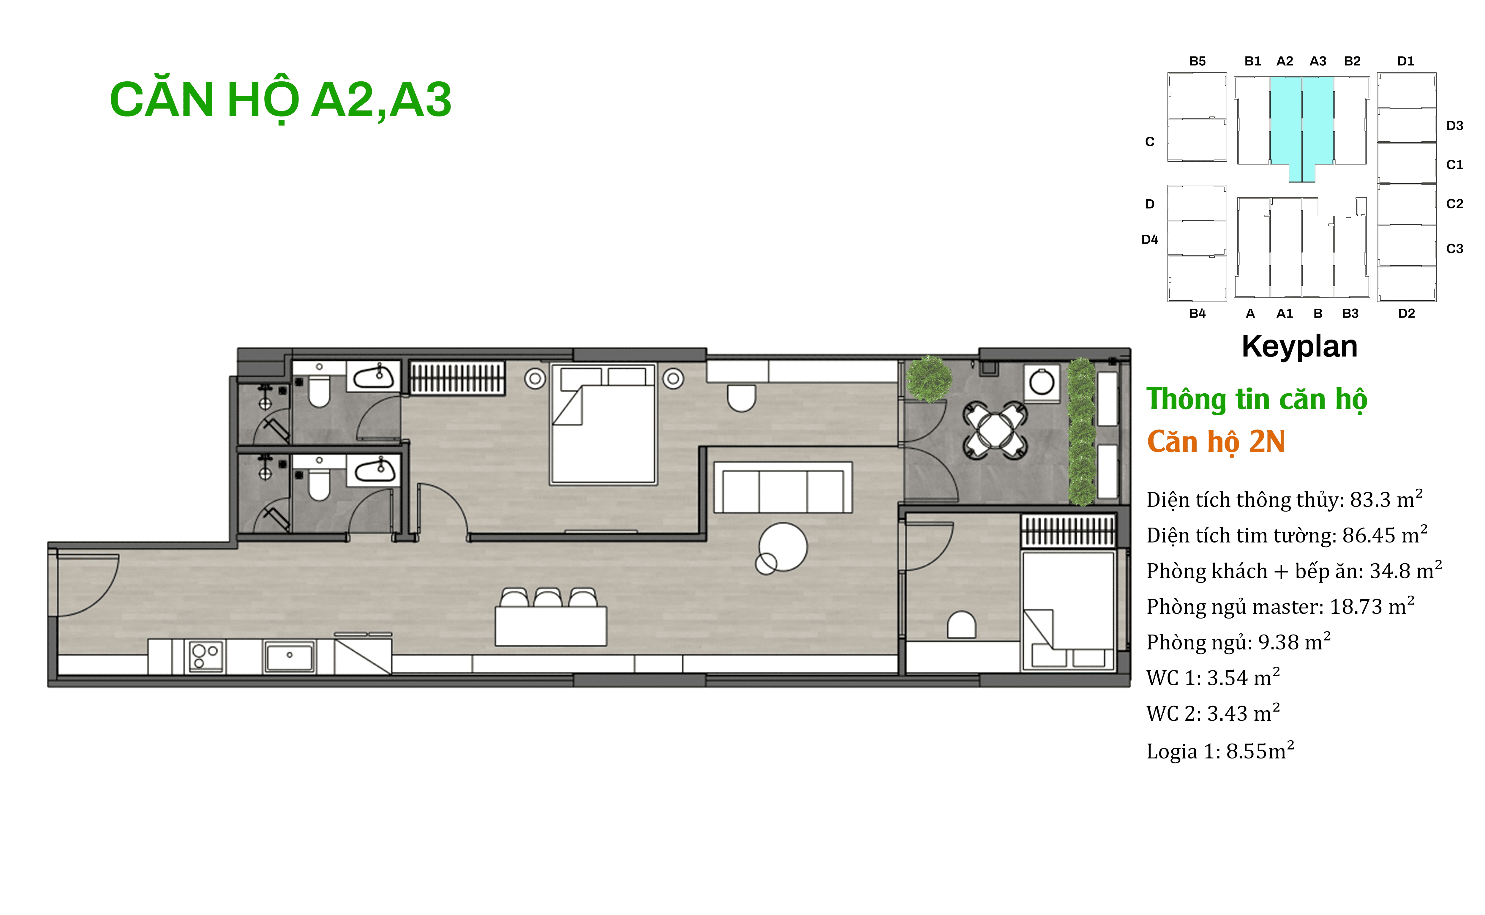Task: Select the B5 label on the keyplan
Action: [1197, 61]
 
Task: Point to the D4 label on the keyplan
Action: [1149, 240]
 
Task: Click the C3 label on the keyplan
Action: [1454, 249]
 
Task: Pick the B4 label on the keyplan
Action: [1197, 313]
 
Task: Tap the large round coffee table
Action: [783, 546]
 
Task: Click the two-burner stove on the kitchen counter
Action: [206, 657]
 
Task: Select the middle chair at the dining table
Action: [548, 597]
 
